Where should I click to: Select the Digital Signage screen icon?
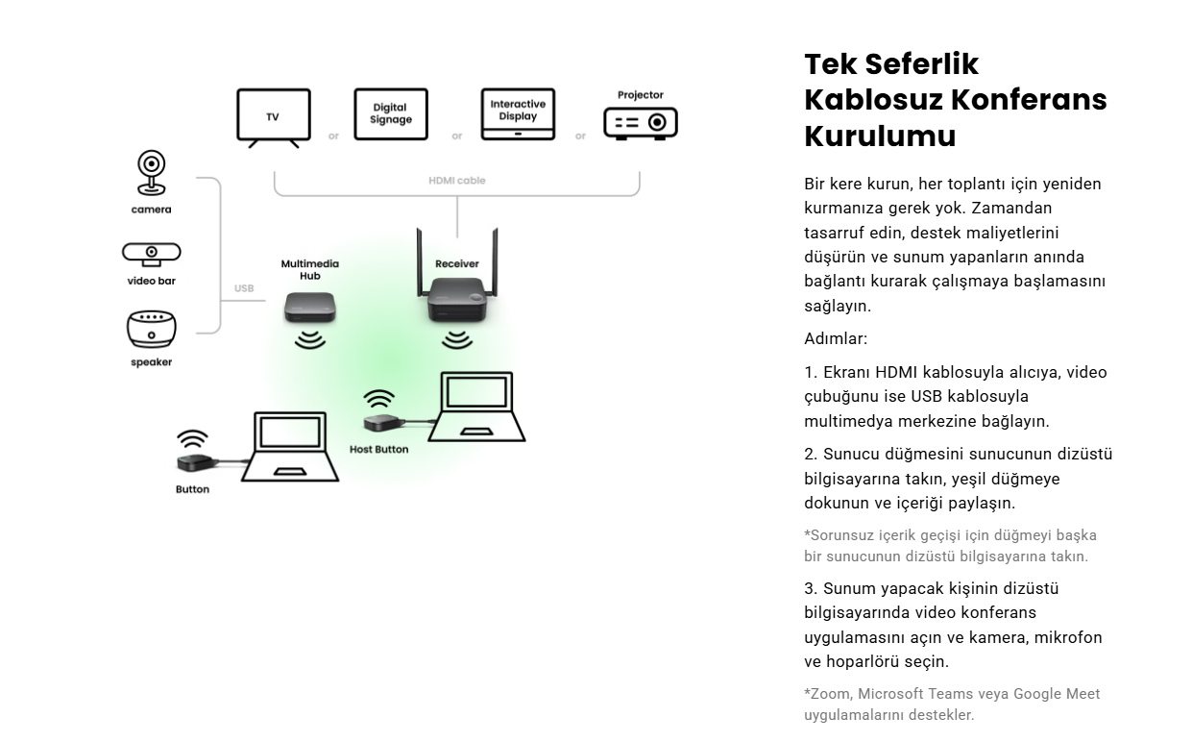tap(390, 114)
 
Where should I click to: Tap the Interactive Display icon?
tap(518, 114)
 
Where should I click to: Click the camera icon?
tap(151, 174)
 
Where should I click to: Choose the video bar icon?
tap(151, 254)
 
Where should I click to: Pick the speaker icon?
tap(152, 330)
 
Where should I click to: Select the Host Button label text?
tap(378, 449)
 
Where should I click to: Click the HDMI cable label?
tap(457, 181)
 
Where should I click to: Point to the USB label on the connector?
tap(244, 288)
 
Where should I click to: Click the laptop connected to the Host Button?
tap(477, 408)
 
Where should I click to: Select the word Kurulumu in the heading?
tap(880, 136)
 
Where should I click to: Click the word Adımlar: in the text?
tap(836, 338)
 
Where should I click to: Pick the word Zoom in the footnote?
tap(830, 694)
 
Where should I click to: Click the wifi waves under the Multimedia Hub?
tap(309, 340)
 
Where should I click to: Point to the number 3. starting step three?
tap(811, 588)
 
